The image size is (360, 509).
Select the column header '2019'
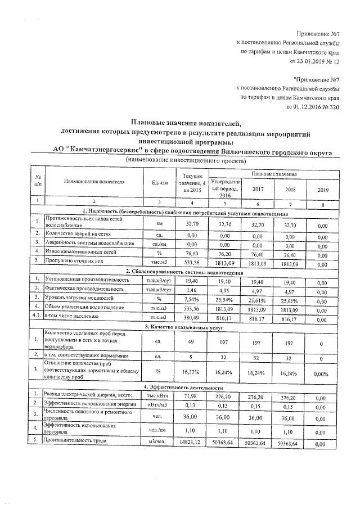tap(322, 190)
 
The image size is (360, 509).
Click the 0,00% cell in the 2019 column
tap(322, 372)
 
